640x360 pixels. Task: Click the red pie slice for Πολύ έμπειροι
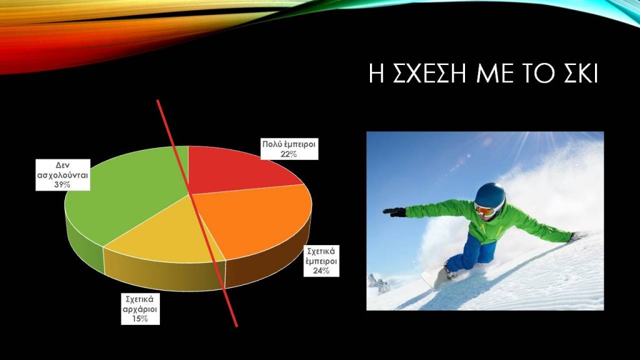(x=237, y=169)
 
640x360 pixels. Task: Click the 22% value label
(x=289, y=154)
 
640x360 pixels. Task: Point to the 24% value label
(x=321, y=271)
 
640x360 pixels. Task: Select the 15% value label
(x=140, y=319)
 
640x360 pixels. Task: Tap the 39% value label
(x=62, y=184)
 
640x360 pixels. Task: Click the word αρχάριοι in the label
(x=140, y=309)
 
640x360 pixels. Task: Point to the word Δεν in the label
(x=63, y=165)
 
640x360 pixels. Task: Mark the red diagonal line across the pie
(x=197, y=212)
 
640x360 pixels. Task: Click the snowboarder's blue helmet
(x=491, y=196)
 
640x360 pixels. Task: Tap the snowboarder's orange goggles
(x=484, y=210)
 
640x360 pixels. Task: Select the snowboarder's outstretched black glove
(x=394, y=212)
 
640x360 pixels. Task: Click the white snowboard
(x=436, y=277)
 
